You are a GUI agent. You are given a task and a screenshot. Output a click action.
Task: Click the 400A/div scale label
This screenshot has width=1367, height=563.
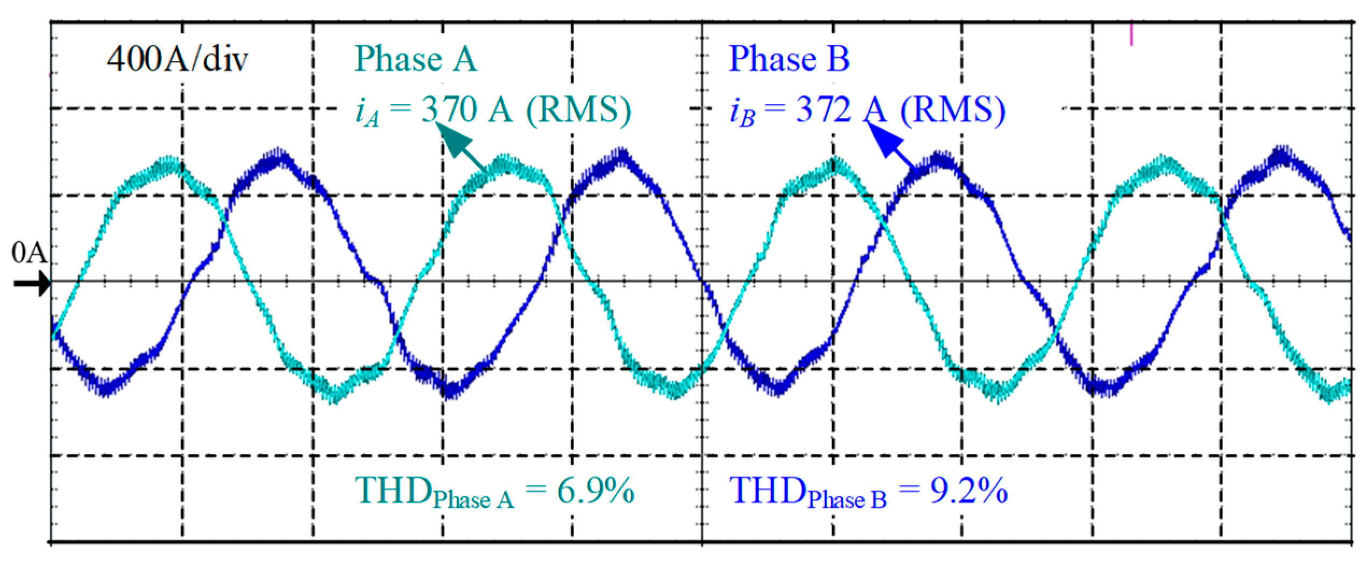pos(177,59)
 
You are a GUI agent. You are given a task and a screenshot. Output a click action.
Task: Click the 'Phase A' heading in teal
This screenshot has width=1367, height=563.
pos(415,59)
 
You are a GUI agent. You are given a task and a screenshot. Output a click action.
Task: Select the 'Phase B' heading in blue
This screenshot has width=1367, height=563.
pos(789,59)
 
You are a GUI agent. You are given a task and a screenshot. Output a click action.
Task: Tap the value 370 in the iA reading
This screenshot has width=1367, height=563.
pos(449,110)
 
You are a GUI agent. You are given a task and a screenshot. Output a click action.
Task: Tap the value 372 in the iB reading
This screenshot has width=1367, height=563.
pos(823,110)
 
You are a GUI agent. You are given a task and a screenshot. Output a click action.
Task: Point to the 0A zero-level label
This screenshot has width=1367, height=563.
pos(29,252)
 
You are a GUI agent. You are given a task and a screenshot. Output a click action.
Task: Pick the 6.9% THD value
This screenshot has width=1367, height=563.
pos(595,490)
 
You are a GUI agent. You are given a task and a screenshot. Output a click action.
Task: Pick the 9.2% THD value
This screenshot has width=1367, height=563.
pos(969,490)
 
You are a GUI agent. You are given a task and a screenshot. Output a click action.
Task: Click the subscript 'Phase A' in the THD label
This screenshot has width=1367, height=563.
pos(473,500)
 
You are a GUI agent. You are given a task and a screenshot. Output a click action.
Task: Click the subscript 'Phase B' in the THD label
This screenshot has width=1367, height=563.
pos(847,500)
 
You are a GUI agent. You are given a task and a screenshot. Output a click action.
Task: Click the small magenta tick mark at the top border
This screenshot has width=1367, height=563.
pos(1131,33)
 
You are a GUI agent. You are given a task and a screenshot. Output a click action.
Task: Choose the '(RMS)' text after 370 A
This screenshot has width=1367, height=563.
pos(578,110)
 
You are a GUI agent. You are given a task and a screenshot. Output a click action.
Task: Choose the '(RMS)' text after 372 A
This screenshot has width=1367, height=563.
pos(953,110)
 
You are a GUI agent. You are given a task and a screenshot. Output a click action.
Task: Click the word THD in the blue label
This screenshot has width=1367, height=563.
pos(767,489)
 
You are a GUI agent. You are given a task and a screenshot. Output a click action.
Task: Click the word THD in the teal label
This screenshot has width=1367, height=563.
pos(393,489)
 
